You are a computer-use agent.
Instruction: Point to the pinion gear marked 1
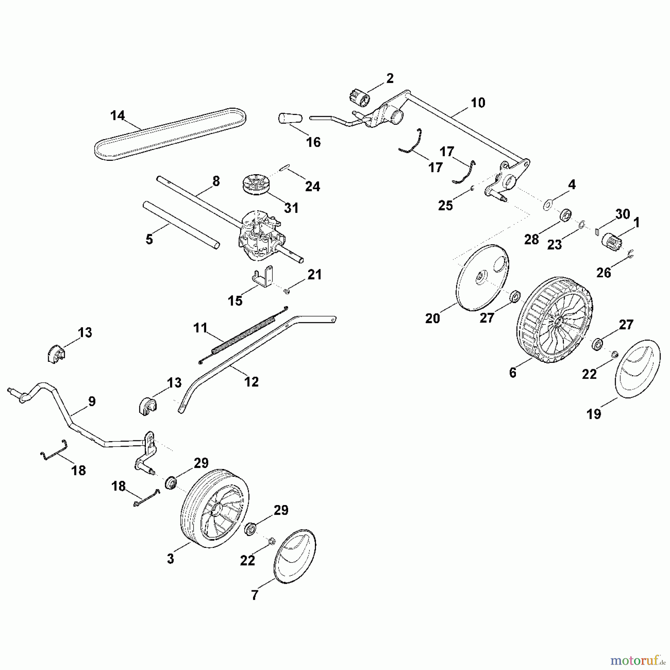click(609, 238)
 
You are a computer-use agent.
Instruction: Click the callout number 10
click(478, 103)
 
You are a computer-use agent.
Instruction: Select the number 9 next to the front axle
click(92, 401)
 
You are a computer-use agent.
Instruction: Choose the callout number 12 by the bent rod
click(251, 382)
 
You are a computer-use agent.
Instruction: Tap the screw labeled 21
click(287, 291)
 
